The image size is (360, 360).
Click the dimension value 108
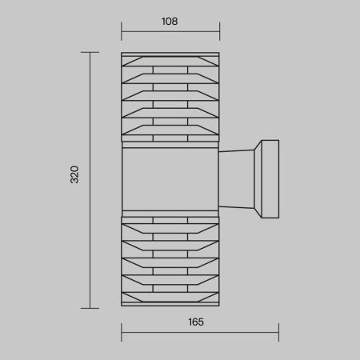tap(170, 22)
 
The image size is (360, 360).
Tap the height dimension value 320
tap(74, 174)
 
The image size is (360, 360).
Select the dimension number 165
tap(196, 322)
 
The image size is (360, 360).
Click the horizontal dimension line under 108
tap(170, 31)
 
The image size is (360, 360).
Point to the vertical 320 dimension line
tap(90, 180)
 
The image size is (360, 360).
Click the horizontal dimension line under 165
tap(200, 332)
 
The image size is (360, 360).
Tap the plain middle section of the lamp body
tap(170, 179)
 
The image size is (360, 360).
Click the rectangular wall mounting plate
tap(270, 179)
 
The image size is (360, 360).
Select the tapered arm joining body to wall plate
tap(236, 179)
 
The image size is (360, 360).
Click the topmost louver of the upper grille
tap(170, 61)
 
